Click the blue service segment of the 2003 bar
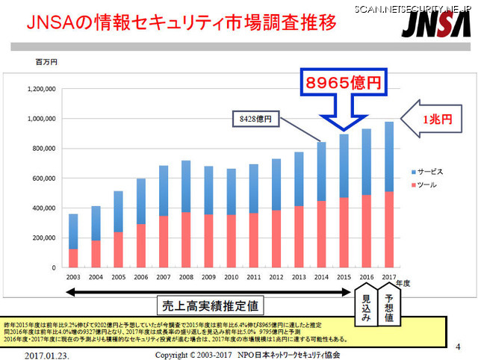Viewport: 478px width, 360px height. coord(72,231)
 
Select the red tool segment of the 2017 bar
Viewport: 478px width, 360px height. coord(388,229)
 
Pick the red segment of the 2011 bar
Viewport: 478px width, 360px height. coord(253,240)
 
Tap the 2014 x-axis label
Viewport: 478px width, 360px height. coord(321,276)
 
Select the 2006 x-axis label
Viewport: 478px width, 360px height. coord(140,276)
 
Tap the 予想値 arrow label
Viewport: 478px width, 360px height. coord(389,305)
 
